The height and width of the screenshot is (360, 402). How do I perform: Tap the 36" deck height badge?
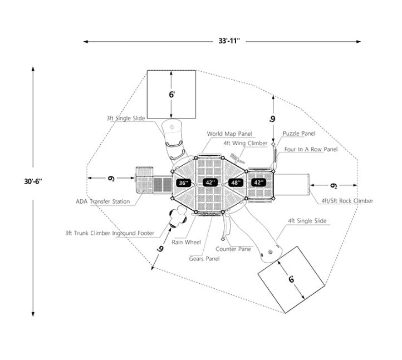click(x=184, y=183)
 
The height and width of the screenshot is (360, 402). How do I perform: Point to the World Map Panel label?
click(x=229, y=134)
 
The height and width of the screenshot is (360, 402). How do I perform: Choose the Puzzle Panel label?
click(x=299, y=134)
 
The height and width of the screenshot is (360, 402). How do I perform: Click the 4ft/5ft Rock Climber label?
click(x=347, y=201)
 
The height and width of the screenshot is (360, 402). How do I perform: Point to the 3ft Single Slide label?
click(x=126, y=119)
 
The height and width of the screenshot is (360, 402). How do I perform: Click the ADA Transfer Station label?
click(x=103, y=201)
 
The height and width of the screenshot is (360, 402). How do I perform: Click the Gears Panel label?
click(x=204, y=259)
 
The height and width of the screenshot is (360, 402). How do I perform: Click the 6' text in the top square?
click(x=172, y=95)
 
